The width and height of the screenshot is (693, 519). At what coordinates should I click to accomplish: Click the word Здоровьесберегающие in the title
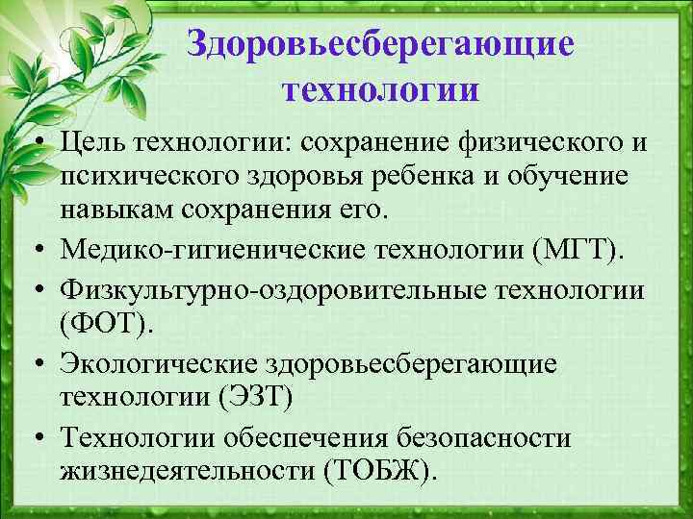[381, 42]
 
